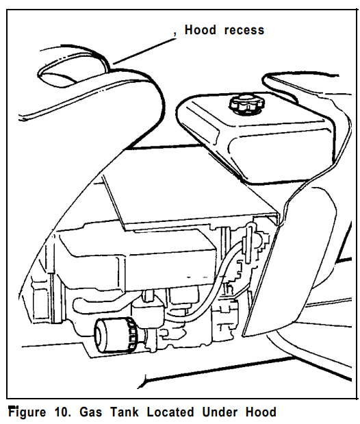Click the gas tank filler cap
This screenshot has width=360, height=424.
(x=247, y=103)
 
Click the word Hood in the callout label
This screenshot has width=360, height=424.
(x=201, y=29)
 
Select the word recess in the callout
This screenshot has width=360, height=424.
(x=244, y=30)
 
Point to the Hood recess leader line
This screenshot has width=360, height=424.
(x=144, y=51)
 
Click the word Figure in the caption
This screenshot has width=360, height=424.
(x=27, y=412)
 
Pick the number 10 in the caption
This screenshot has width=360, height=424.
(x=63, y=412)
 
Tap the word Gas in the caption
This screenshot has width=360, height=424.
(x=91, y=412)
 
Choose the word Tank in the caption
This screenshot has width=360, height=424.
(x=125, y=412)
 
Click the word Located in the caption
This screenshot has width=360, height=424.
(x=170, y=412)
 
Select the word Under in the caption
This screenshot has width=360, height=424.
(x=220, y=412)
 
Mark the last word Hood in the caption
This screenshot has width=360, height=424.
(x=261, y=412)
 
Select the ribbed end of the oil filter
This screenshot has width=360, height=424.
(x=132, y=336)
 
